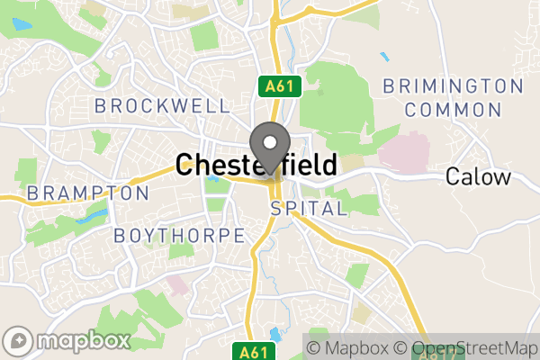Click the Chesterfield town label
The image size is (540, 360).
pos(257,165)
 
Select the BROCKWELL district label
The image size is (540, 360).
pos(162,106)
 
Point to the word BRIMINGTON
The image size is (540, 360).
pos(453,86)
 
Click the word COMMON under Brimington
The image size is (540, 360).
pos(453,110)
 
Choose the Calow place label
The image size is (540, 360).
pos(478,176)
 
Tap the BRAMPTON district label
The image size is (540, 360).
pos(87,193)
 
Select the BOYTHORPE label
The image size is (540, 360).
pos(179,236)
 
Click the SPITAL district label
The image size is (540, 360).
pos(309,209)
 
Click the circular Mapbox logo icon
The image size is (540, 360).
pos(19,341)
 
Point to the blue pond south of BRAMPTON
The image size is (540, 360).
pos(91,216)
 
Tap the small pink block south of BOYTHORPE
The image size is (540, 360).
pos(177,285)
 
